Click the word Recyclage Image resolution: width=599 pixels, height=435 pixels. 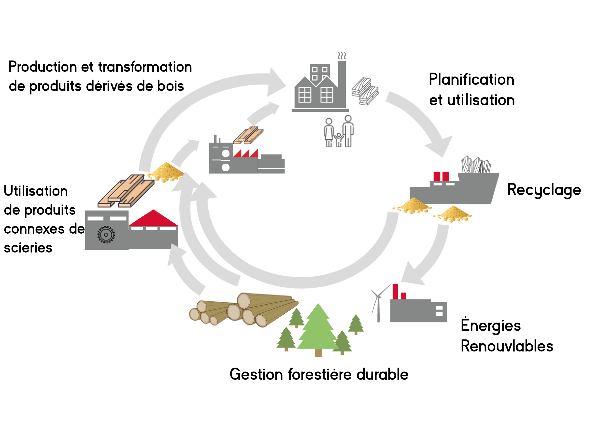[x=544, y=190]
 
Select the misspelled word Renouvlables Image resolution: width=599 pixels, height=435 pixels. [x=507, y=346]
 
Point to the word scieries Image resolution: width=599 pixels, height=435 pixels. [x=28, y=248]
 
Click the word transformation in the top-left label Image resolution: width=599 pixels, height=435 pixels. [x=145, y=67]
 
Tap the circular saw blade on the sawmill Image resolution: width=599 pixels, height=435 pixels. [x=106, y=234]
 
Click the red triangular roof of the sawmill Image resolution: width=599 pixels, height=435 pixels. [x=153, y=219]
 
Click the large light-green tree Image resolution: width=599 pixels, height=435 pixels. [x=318, y=330]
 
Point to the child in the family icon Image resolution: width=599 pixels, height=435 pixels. [x=339, y=140]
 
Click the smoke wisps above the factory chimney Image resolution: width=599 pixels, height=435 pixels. [x=342, y=56]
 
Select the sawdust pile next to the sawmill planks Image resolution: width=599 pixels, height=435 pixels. [x=166, y=172]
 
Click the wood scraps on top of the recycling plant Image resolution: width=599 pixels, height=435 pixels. [x=476, y=165]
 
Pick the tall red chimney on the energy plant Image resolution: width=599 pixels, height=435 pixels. [x=395, y=292]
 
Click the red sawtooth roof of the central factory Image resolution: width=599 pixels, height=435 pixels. [x=245, y=154]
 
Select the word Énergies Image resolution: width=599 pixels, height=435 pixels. [x=490, y=325]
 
